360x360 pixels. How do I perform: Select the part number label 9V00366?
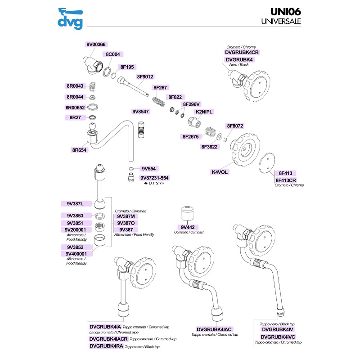click(x=96, y=45)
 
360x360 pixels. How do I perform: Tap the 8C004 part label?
click(x=112, y=54)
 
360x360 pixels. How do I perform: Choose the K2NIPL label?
click(x=204, y=111)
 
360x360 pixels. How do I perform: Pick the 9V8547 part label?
click(x=141, y=111)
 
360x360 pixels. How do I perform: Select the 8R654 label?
click(x=79, y=150)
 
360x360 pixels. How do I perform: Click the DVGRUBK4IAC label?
click(x=214, y=329)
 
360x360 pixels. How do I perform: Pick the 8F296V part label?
click(x=191, y=104)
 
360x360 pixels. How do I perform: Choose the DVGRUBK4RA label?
click(x=106, y=346)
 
